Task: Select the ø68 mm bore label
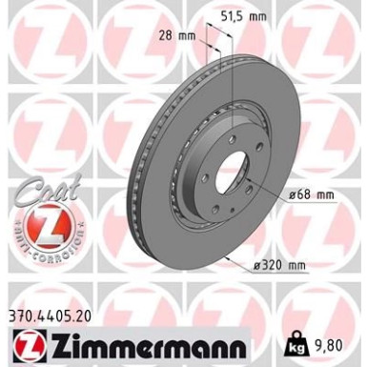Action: coord(315,196)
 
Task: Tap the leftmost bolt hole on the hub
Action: coord(196,176)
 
